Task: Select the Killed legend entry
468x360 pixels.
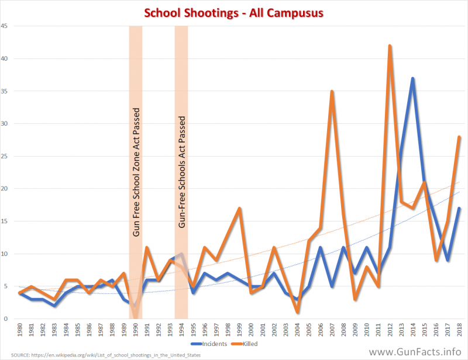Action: (x=264, y=344)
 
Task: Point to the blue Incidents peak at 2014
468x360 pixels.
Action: (x=412, y=78)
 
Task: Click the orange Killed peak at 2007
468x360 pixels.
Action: (x=332, y=92)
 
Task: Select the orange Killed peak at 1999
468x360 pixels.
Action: (x=239, y=209)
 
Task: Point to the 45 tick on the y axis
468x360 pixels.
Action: (x=5, y=26)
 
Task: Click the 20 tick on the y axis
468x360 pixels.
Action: (x=5, y=189)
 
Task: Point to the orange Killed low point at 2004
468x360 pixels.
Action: (x=298, y=312)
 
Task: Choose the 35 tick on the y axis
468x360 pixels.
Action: (x=5, y=91)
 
